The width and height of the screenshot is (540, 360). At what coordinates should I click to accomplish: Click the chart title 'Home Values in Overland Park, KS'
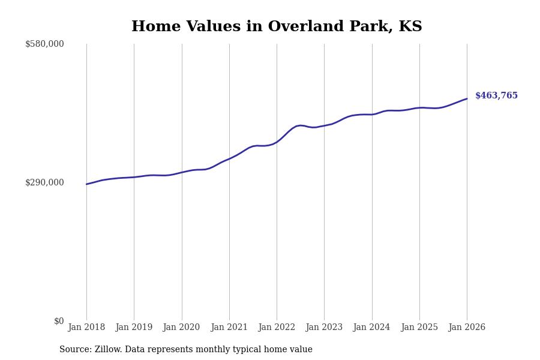point(277,27)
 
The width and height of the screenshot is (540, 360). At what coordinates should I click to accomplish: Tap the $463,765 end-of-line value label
point(496,96)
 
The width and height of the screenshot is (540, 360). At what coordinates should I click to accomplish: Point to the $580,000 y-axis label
point(44,44)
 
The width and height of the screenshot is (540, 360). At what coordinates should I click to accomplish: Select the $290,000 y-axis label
point(44,182)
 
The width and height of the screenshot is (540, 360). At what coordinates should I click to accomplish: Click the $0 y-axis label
point(59,321)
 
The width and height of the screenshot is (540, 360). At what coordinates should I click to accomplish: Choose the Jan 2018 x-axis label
point(86,328)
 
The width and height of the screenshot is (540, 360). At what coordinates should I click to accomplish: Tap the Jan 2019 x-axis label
point(134,328)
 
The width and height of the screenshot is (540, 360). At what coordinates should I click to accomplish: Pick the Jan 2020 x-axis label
point(181,328)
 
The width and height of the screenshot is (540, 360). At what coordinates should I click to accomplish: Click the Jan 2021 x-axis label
point(229,328)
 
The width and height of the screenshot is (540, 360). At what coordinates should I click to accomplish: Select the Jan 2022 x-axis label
point(277,328)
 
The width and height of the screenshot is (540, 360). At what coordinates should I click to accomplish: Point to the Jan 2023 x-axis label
point(324,328)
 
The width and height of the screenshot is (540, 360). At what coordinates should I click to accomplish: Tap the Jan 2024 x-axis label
point(371,328)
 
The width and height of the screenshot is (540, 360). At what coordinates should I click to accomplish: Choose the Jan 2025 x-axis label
point(419,328)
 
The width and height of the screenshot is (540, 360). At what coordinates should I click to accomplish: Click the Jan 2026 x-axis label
point(467,328)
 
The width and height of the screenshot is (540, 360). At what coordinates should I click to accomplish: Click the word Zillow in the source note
point(107,350)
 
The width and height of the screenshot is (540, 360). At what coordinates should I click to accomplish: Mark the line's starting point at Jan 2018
point(86,184)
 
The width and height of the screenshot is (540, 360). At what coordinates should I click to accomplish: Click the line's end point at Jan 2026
point(467,99)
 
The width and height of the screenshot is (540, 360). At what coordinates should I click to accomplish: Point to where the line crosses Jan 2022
point(277,142)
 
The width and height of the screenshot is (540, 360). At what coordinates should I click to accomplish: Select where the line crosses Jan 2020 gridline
point(182,172)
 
